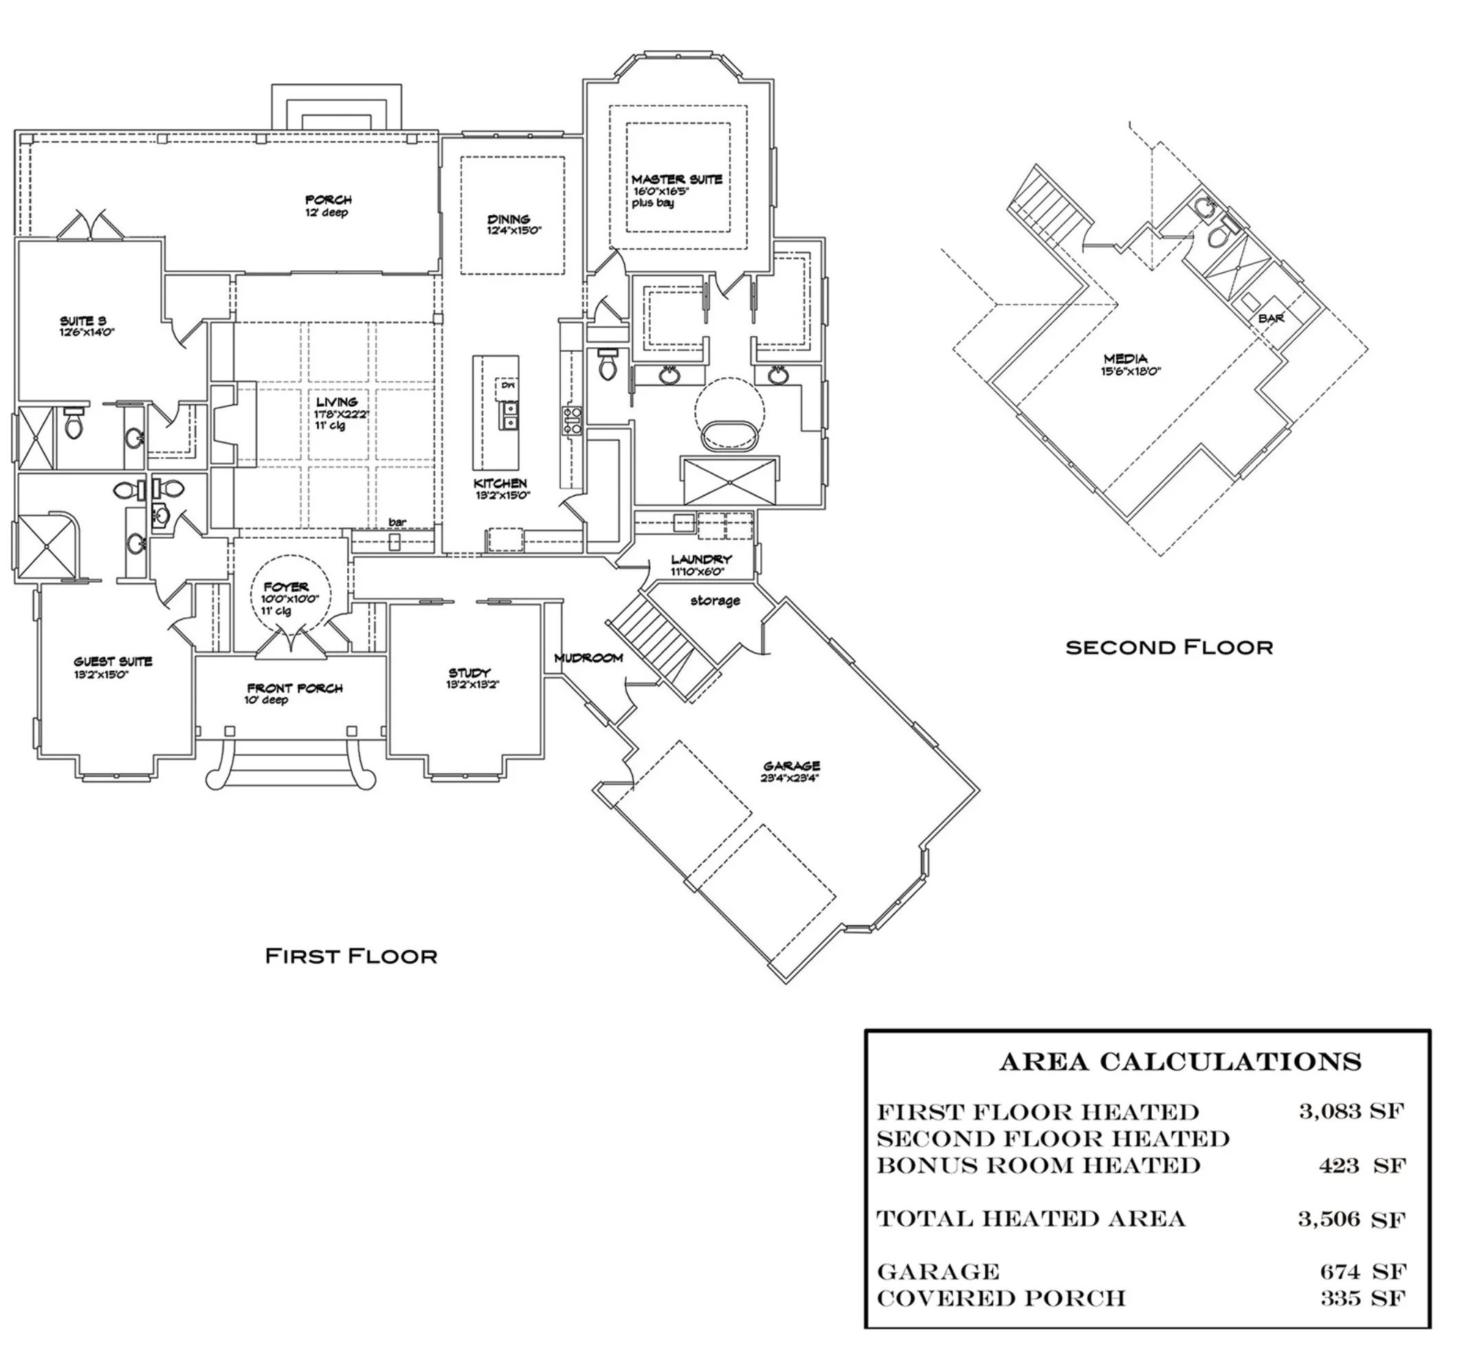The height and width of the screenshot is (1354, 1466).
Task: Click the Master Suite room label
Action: (676, 179)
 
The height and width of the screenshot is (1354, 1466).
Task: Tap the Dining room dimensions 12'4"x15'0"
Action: (513, 231)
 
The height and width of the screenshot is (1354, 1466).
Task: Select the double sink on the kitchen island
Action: (509, 415)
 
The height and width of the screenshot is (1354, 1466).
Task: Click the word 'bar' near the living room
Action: (397, 522)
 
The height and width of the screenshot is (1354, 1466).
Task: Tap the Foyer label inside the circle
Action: (286, 587)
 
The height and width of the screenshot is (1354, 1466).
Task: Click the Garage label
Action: (791, 766)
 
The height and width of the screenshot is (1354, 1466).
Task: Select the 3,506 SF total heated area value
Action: (1351, 1219)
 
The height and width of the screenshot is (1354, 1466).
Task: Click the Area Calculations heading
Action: (1179, 1062)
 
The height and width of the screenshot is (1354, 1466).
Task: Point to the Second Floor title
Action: (1168, 647)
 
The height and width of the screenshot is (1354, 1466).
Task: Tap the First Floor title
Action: (351, 955)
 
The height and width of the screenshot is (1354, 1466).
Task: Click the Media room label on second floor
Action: (1125, 359)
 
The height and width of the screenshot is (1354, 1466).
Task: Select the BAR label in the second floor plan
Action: (1270, 319)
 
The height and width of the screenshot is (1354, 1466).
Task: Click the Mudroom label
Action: (588, 658)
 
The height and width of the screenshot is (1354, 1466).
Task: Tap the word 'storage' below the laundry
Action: (715, 601)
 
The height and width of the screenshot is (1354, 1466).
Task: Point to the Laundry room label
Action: (701, 559)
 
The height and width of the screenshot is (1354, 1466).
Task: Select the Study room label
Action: (469, 673)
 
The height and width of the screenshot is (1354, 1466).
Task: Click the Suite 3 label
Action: (82, 321)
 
